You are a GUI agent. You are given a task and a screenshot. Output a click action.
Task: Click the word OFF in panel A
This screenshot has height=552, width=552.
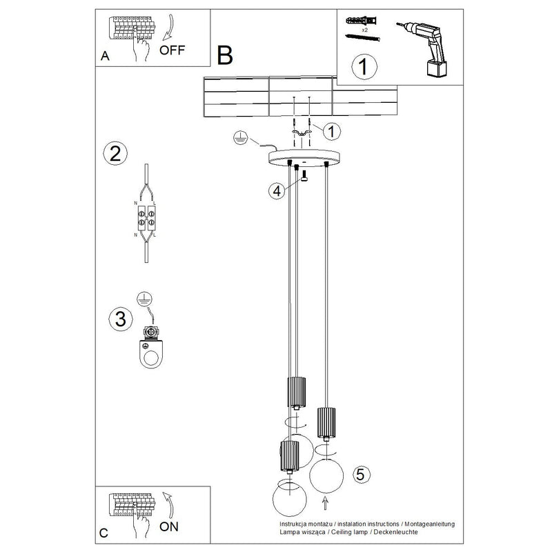tap(172, 50)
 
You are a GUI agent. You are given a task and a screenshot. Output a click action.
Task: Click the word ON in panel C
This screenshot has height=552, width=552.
tap(169, 527)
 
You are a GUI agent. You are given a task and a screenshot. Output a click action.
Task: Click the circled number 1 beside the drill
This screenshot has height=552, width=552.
tap(363, 68)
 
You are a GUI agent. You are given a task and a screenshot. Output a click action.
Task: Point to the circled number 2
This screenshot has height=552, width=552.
tap(115, 152)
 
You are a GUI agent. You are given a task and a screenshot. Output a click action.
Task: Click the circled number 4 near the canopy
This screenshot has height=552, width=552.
tap(277, 190)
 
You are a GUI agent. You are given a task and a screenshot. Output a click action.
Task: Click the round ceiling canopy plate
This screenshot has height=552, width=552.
tap(304, 158)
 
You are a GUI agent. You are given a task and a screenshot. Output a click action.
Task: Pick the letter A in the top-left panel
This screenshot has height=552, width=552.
tap(104, 57)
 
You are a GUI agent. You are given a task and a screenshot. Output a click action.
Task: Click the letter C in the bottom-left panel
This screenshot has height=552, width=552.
tap(103, 533)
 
